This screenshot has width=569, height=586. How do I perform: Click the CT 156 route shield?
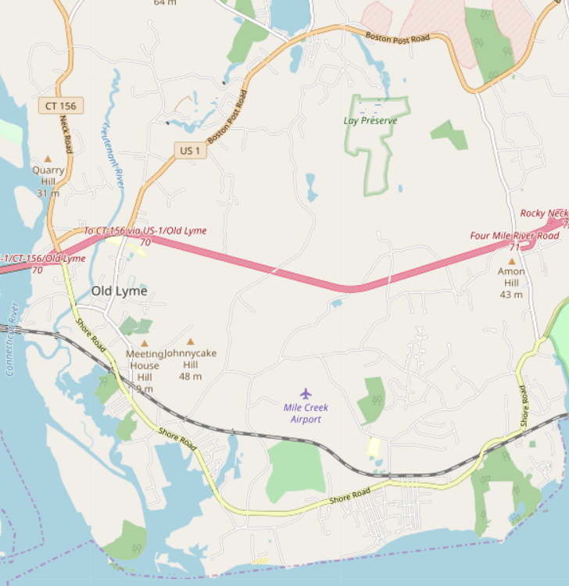click(60, 105)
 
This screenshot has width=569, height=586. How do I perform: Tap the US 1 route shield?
click(190, 150)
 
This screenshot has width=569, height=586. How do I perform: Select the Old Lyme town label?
click(119, 291)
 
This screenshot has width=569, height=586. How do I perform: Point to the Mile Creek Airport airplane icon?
click(306, 393)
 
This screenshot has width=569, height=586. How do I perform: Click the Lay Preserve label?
click(370, 120)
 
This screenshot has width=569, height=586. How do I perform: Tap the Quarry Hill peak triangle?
click(48, 159)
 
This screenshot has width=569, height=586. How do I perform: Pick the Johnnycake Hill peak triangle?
click(190, 341)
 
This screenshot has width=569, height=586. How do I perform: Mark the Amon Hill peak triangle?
click(512, 261)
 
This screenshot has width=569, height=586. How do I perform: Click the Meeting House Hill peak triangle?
click(145, 343)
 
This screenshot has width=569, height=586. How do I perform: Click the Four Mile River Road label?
click(514, 235)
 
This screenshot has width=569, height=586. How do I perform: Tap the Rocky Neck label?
click(544, 213)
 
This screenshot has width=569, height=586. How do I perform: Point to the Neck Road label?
click(66, 134)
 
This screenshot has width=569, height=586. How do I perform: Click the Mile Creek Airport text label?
click(306, 413)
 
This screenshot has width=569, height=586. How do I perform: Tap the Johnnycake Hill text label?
click(190, 364)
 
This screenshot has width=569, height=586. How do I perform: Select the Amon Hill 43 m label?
click(511, 283)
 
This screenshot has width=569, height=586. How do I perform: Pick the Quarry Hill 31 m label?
click(48, 181)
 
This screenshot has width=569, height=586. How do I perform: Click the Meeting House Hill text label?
click(145, 366)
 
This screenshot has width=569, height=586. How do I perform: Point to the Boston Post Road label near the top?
click(399, 36)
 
